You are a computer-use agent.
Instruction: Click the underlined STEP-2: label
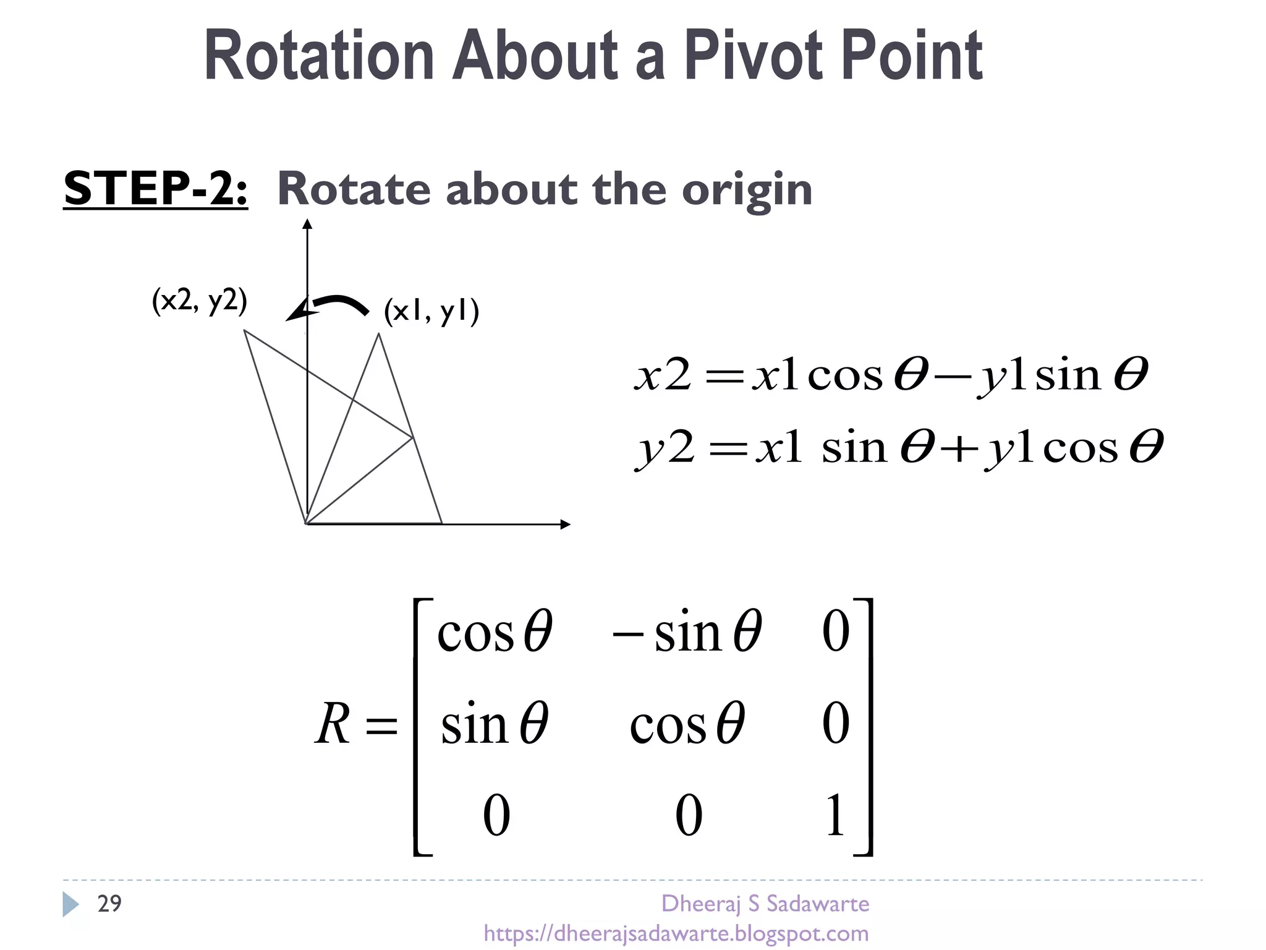tap(156, 189)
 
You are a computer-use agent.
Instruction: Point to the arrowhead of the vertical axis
tap(307, 224)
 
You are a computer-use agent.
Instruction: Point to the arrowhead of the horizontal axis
tap(565, 524)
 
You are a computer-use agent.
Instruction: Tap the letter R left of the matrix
tap(333, 724)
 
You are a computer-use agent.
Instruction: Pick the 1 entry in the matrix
tap(835, 815)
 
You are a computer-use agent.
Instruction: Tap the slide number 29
tap(109, 904)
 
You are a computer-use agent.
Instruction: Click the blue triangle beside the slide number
tap(70, 904)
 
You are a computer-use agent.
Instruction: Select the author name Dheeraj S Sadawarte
tap(765, 904)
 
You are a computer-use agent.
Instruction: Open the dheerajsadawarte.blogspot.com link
tap(676, 933)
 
